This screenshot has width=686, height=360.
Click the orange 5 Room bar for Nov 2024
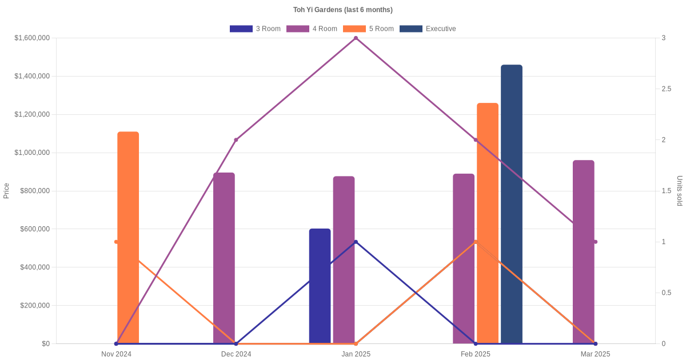(x=128, y=237)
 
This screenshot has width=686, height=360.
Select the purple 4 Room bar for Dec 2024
(x=224, y=258)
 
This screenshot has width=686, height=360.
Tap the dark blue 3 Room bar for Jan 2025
(x=320, y=286)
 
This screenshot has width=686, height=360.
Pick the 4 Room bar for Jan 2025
(x=344, y=259)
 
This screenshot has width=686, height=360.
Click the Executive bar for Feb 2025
(x=512, y=204)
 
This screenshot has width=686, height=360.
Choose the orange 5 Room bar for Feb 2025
(x=488, y=223)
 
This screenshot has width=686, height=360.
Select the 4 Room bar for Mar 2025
(x=584, y=251)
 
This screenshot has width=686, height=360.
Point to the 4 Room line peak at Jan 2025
(x=356, y=38)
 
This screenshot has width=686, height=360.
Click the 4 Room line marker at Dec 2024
(x=236, y=140)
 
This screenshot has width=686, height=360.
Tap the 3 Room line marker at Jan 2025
(x=356, y=242)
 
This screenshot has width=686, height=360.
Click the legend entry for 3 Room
(x=255, y=29)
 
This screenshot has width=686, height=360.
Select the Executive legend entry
(x=428, y=29)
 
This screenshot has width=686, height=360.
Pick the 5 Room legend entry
(x=368, y=29)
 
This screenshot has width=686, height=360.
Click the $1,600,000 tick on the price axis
(x=32, y=38)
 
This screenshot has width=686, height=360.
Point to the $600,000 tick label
(x=34, y=229)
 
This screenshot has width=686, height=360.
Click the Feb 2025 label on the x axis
(x=476, y=354)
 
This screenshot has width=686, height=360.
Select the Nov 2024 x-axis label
(x=116, y=354)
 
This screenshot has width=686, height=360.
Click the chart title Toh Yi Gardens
(x=342, y=10)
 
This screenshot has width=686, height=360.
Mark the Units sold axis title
(x=680, y=191)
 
